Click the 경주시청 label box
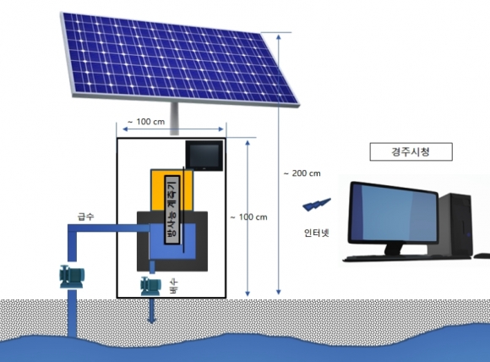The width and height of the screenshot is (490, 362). [411, 151]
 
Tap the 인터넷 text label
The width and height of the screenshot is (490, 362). [317, 233]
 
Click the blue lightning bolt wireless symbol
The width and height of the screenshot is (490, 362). [317, 205]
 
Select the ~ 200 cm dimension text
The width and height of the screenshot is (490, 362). [302, 173]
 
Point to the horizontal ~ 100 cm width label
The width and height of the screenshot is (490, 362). [146, 122]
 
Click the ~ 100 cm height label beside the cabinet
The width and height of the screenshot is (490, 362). [248, 217]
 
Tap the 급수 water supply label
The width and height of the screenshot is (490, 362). [85, 217]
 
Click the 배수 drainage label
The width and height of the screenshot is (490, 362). [173, 286]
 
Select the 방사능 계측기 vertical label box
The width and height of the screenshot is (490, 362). [171, 209]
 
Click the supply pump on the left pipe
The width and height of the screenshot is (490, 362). [72, 277]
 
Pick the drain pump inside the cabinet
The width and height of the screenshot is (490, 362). [151, 286]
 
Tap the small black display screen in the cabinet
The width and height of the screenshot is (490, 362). [204, 156]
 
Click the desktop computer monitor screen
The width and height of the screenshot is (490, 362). [394, 213]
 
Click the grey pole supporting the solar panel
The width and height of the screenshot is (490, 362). [174, 119]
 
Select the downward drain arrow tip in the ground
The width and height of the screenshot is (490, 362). [152, 321]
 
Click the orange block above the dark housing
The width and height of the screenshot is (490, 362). [171, 190]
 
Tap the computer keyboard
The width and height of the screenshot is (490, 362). [406, 258]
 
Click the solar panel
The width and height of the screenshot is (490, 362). [180, 59]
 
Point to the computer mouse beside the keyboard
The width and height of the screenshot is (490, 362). [482, 256]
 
